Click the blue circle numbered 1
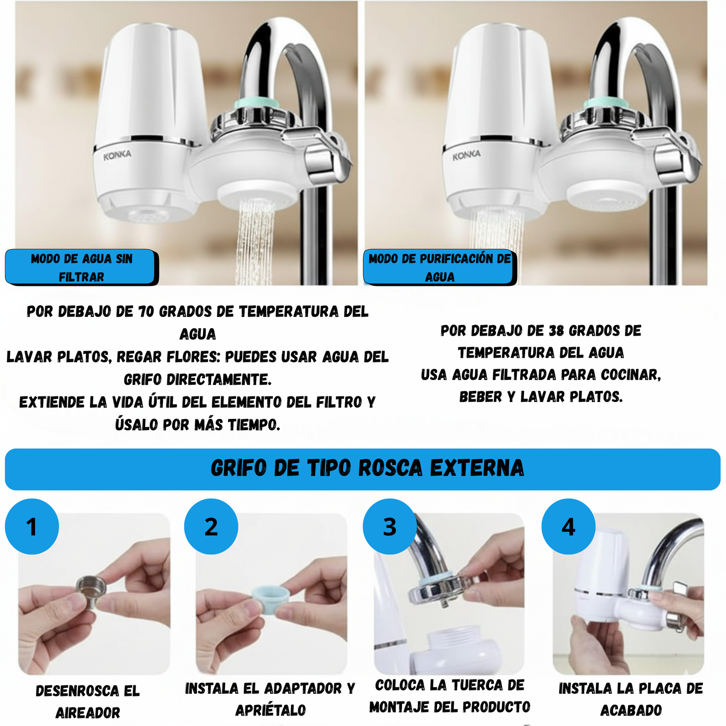click(32, 527)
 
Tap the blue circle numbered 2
click(211, 527)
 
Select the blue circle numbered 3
click(390, 527)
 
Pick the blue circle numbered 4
click(568, 527)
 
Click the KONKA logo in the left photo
click(117, 156)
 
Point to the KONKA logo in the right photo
click(466, 156)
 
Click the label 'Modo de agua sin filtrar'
click(81, 267)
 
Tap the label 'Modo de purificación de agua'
click(440, 267)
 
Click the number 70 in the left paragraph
click(146, 312)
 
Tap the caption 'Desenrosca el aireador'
click(87, 701)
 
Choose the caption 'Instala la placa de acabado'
click(631, 699)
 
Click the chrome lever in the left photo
click(327, 161)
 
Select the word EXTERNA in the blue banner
click(477, 468)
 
